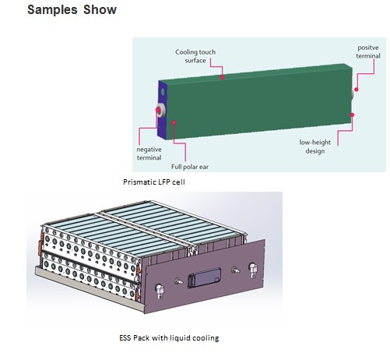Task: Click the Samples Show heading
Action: click(x=72, y=10)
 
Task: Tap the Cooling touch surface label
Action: click(x=195, y=56)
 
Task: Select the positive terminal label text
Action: click(x=368, y=51)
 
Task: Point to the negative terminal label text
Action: click(x=149, y=154)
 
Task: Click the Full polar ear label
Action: click(x=190, y=167)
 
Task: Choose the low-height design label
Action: click(x=315, y=146)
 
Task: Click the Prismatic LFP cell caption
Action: click(x=154, y=182)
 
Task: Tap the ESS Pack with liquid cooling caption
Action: click(x=169, y=338)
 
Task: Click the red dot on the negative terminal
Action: click(x=157, y=110)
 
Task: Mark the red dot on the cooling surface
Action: click(x=223, y=77)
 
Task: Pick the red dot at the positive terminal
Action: click(x=357, y=90)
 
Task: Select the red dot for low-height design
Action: click(x=352, y=115)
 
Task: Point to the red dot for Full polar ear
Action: click(x=174, y=122)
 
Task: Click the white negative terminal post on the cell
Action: click(x=161, y=110)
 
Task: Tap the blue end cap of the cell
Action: click(x=163, y=111)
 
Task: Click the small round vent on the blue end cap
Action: click(x=163, y=91)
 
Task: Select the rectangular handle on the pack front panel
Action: click(x=204, y=277)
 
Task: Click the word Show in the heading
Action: click(x=100, y=10)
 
